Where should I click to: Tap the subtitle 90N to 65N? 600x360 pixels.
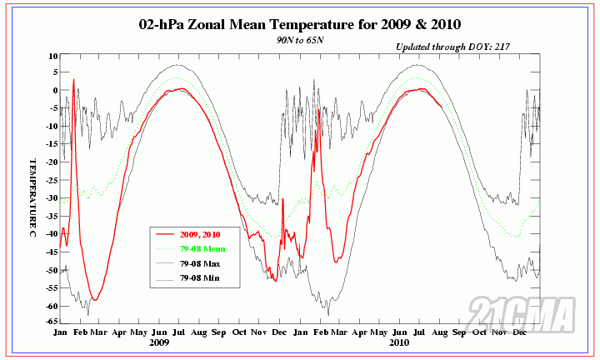[297, 39]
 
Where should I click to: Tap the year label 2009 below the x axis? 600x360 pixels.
[159, 342]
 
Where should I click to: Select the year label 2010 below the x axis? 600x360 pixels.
[399, 342]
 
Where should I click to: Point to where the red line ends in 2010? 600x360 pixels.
[442, 106]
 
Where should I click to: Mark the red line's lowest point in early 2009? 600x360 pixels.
[96, 300]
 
